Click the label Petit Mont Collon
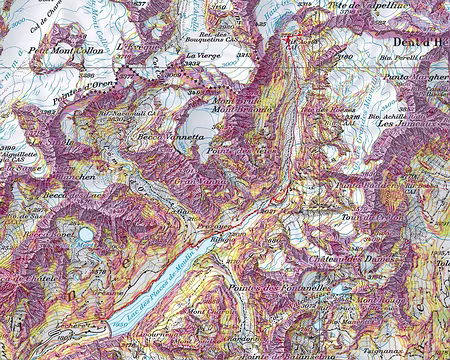[x=68, y=49]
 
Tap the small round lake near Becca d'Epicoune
[x=86, y=235]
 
